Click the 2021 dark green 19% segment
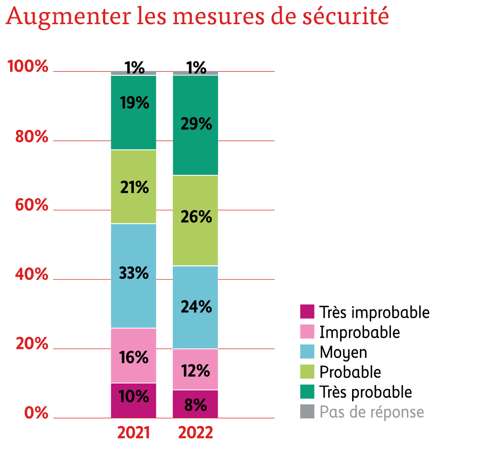tap(134, 112)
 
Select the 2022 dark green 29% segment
tap(195, 125)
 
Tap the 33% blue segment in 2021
tap(134, 276)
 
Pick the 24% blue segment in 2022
tap(195, 307)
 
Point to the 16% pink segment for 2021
tap(134, 355)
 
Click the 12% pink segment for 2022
tap(195, 369)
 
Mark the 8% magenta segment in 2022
tap(195, 404)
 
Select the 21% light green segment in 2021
tap(134, 187)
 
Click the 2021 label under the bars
tap(134, 433)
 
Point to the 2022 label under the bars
tap(195, 433)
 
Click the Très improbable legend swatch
tap(307, 312)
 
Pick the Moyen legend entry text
tap(343, 352)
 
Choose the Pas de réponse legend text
tap(371, 412)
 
